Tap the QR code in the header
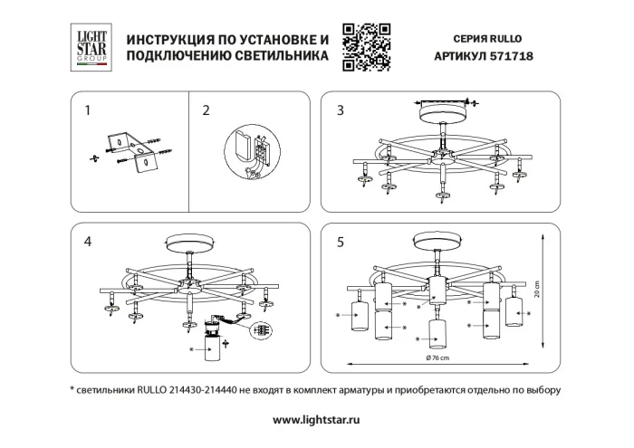[x=366, y=47]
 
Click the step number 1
[x=88, y=111]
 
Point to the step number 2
[x=206, y=111]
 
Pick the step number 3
[x=341, y=111]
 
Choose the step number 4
[x=88, y=242]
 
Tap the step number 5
[x=341, y=242]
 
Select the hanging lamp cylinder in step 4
[x=215, y=348]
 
